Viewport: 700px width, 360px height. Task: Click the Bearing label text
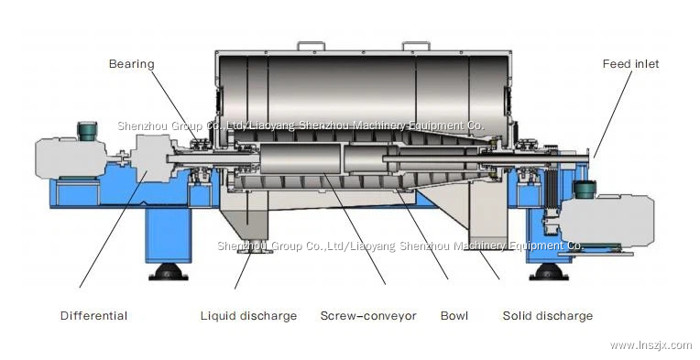tap(131, 64)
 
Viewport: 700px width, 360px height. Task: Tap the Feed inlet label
tap(629, 64)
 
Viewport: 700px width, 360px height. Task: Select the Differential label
tap(93, 316)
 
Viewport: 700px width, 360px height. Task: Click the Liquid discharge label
tap(248, 316)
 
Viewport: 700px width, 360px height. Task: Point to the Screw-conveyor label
tap(367, 316)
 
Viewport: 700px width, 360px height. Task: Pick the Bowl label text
tap(454, 316)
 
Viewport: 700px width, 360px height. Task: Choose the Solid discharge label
tap(547, 316)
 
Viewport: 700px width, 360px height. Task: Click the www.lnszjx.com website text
tap(651, 345)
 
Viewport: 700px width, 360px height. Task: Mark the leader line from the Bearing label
tap(170, 103)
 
